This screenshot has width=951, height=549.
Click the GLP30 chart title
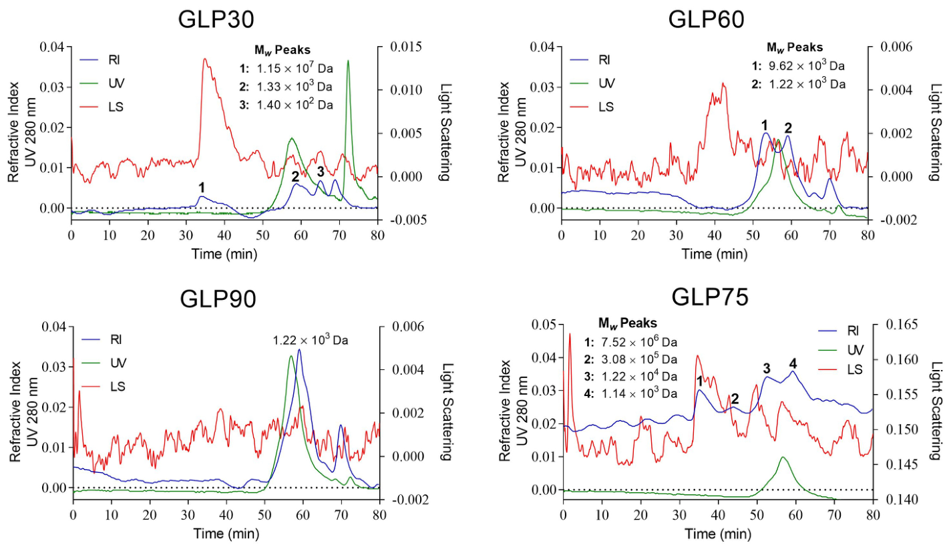[216, 19]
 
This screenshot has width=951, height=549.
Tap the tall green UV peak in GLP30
[348, 61]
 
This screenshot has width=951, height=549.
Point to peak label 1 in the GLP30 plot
[202, 187]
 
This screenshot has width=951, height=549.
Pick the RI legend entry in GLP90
[102, 340]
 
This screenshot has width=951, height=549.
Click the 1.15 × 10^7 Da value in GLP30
[295, 68]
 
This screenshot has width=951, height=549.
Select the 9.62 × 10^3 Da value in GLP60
[807, 66]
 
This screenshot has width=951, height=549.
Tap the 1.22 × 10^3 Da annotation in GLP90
[311, 340]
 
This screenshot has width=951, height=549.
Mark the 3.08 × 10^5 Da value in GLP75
[639, 359]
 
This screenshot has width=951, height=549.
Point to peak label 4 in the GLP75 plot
[793, 363]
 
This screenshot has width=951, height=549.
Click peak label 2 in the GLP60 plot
[789, 128]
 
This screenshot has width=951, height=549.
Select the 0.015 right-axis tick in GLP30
[406, 47]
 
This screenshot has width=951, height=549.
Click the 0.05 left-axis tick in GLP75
[545, 325]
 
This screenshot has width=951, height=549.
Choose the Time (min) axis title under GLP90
[226, 534]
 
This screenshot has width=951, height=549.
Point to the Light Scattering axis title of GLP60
[936, 132]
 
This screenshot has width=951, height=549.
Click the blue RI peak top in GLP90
[299, 350]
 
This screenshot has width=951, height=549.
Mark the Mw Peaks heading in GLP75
[628, 323]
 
